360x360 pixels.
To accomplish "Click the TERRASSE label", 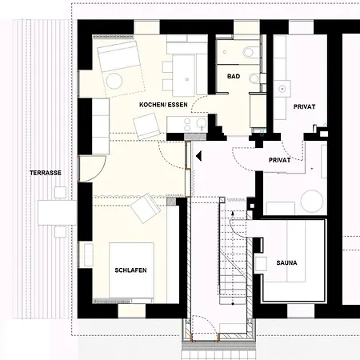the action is (46, 173).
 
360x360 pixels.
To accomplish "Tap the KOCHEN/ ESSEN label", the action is (163, 105).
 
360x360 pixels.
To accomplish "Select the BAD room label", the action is (234, 76).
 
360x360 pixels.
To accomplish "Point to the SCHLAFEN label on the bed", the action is (130, 270).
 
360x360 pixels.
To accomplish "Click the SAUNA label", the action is (286, 262).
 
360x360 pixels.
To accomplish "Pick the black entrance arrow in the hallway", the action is (198, 156).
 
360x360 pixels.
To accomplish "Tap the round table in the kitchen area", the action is (114, 81).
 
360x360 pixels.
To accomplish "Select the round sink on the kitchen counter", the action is (202, 122).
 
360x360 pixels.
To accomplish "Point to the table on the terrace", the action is (57, 213).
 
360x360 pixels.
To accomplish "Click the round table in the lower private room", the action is (312, 202).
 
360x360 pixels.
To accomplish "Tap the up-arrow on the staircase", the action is (233, 214).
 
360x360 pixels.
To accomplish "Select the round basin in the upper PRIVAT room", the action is (282, 89).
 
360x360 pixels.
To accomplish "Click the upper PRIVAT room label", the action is (304, 106).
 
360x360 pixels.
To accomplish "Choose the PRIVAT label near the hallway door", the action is (279, 160).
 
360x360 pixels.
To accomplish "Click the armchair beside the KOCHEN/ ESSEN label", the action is (146, 126).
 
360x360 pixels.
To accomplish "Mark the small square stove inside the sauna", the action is (261, 264).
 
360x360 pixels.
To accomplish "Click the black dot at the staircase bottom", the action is (233, 304).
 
